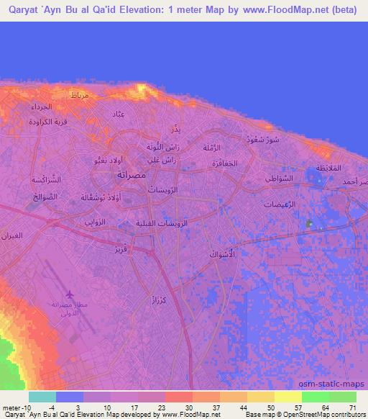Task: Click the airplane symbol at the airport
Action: click(x=70, y=294)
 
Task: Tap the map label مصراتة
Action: click(x=129, y=174)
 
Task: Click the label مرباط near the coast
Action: click(x=80, y=96)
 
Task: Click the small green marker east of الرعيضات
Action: click(x=309, y=224)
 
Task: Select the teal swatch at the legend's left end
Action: click(x=42, y=397)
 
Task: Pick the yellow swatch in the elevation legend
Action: click(x=287, y=397)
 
